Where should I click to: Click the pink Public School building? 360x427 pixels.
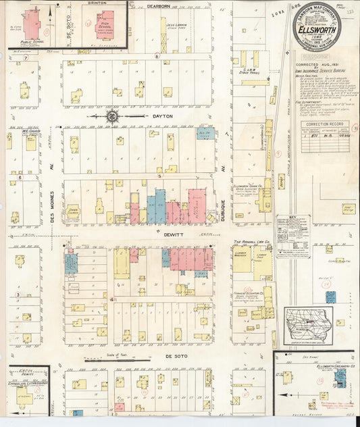(31, 23)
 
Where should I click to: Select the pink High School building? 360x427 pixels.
(105, 24)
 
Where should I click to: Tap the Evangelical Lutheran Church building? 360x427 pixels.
(25, 398)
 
